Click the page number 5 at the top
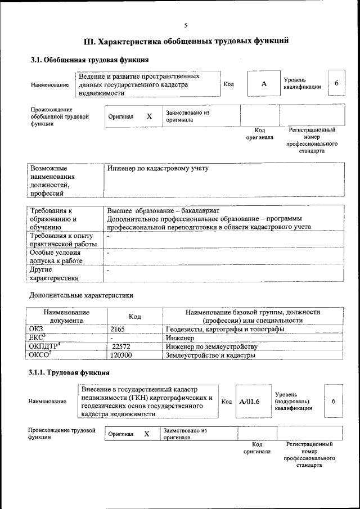pyautogui.click(x=185, y=25)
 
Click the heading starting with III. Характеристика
pyautogui.click(x=186, y=41)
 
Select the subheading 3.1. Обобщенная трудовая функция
pyautogui.click(x=89, y=60)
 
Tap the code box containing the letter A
pyautogui.click(x=263, y=84)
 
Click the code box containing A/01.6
pyautogui.click(x=249, y=402)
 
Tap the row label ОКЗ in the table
pyautogui.click(x=36, y=329)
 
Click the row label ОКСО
pyautogui.click(x=40, y=355)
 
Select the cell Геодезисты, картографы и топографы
pyautogui.click(x=225, y=329)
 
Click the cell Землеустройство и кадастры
pyautogui.click(x=210, y=355)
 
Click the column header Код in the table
pyautogui.click(x=134, y=316)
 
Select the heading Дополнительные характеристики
pyautogui.click(x=81, y=295)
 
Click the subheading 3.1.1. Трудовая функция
pyautogui.click(x=69, y=372)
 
